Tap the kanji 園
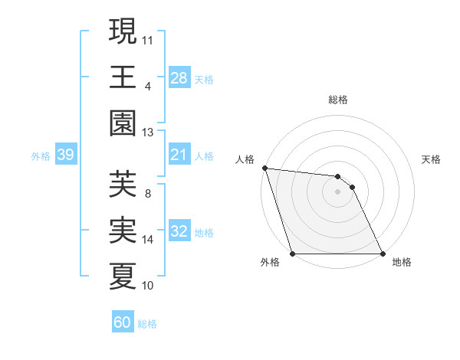tap(123, 122)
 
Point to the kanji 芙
tap(123, 184)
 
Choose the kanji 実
tap(123, 230)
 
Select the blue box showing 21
tap(179, 155)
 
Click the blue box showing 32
tap(179, 231)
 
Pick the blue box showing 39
tap(65, 155)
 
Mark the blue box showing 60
tap(123, 322)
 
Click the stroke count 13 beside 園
tap(148, 133)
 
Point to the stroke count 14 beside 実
tap(148, 240)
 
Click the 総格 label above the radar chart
tap(338, 100)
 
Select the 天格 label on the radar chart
tap(432, 159)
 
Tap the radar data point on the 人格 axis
tap(264, 168)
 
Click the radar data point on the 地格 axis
tap(382, 254)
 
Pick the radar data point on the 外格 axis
tap(293, 254)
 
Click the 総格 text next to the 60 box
tap(148, 324)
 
